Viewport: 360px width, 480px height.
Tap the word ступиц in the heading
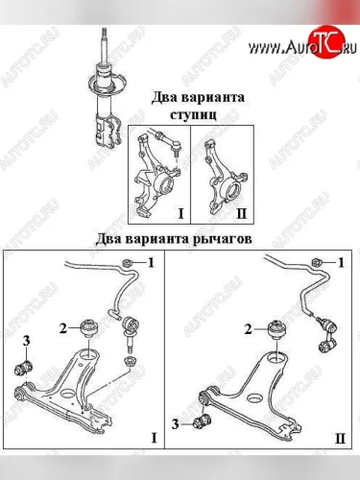click(193, 115)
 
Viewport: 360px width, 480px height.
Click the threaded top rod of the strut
click(104, 46)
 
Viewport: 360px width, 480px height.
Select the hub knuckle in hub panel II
click(224, 180)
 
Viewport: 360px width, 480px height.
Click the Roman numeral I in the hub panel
click(181, 213)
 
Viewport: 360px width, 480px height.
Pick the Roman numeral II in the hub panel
click(241, 213)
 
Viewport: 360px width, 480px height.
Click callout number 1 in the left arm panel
click(151, 263)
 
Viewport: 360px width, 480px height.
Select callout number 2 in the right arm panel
click(249, 328)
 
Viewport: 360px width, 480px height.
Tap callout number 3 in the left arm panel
click(26, 341)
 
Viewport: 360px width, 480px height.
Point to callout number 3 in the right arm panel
click(175, 424)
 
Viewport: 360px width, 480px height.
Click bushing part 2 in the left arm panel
click(89, 328)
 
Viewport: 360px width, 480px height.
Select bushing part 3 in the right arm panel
click(203, 422)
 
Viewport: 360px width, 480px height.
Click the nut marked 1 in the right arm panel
click(316, 263)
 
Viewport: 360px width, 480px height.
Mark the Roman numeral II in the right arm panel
click(340, 438)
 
